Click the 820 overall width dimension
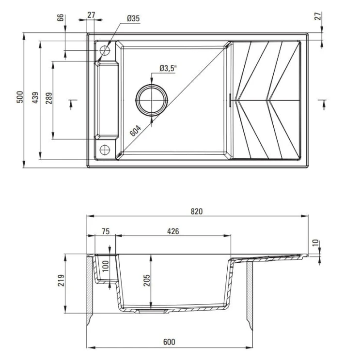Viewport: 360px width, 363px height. pyautogui.click(x=196, y=212)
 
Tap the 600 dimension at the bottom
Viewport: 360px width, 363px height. pyautogui.click(x=169, y=342)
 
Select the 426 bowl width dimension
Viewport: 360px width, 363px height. pyautogui.click(x=173, y=231)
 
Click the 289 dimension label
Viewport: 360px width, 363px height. pyautogui.click(x=48, y=98)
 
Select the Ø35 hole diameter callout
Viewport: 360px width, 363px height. pyautogui.click(x=133, y=18)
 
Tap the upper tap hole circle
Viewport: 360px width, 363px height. pyautogui.click(x=105, y=50)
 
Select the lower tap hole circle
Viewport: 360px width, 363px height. pyautogui.click(x=105, y=149)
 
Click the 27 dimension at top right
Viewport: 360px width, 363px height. pyautogui.click(x=318, y=15)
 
